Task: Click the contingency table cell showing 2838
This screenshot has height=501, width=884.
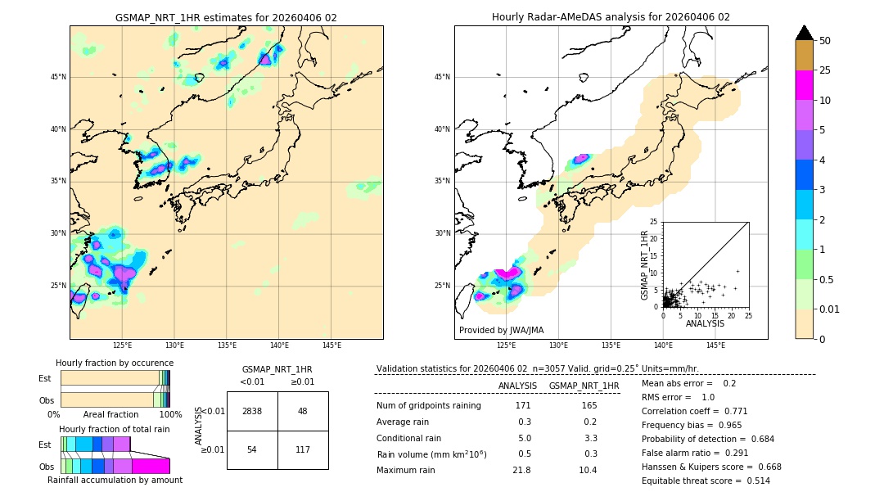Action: pyautogui.click(x=252, y=411)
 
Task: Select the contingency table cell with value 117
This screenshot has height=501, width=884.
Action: pyautogui.click(x=303, y=449)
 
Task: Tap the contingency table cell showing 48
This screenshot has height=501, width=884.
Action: pyautogui.click(x=303, y=411)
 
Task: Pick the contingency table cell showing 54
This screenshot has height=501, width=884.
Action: pyautogui.click(x=252, y=449)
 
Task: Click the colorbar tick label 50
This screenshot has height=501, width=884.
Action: pyautogui.click(x=825, y=41)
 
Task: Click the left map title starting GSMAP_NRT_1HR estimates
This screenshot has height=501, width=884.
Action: pyautogui.click(x=226, y=18)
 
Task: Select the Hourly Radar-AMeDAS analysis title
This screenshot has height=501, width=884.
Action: pyautogui.click(x=611, y=17)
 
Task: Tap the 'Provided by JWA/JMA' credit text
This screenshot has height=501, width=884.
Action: pyautogui.click(x=501, y=331)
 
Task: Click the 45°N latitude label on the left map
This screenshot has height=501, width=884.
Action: pyautogui.click(x=58, y=77)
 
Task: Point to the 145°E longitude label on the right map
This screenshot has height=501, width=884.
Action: pyautogui.click(x=715, y=345)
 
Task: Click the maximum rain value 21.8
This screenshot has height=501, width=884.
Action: pyautogui.click(x=521, y=470)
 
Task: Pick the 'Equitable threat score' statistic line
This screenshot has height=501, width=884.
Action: pyautogui.click(x=706, y=481)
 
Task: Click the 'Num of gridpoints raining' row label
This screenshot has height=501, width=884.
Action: pyautogui.click(x=429, y=406)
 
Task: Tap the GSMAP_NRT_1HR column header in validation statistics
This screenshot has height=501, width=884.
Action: pyautogui.click(x=584, y=386)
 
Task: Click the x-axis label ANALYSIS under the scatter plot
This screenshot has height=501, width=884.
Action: pyautogui.click(x=705, y=323)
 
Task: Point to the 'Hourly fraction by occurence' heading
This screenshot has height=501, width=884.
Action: pyautogui.click(x=115, y=363)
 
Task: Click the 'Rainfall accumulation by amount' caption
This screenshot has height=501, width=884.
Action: pyautogui.click(x=115, y=480)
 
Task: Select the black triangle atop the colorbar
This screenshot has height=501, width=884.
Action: pyautogui.click(x=805, y=33)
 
